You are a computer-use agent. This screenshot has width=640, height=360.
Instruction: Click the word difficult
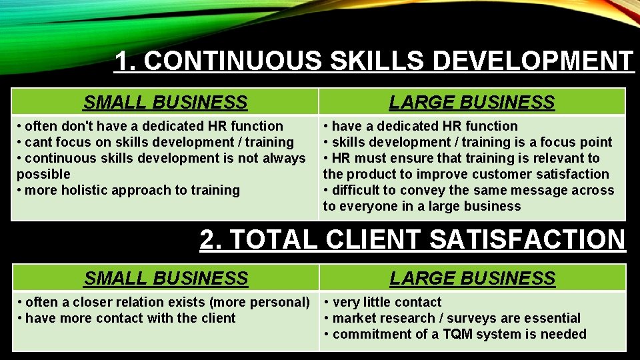click(x=358, y=190)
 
